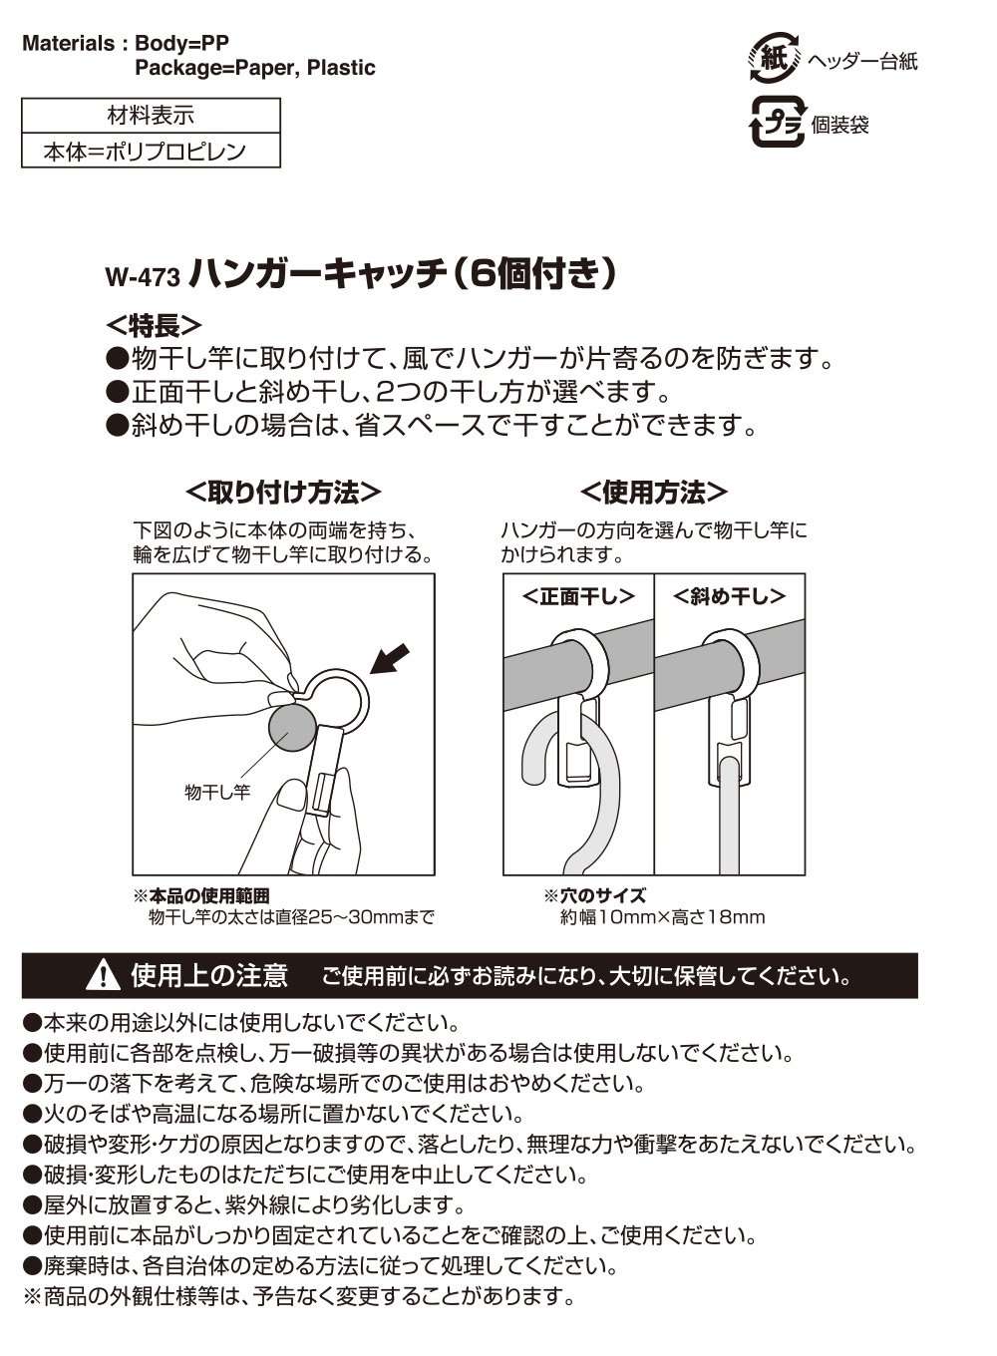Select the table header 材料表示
[151, 115]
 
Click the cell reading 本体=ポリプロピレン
[145, 151]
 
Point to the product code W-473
[143, 277]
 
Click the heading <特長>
[154, 326]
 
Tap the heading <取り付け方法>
[284, 493]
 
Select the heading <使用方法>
[654, 493]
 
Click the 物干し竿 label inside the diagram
[217, 792]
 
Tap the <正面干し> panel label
[578, 597]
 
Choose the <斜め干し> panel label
[729, 597]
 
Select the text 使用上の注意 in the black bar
[209, 975]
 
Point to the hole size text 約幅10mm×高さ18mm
[662, 917]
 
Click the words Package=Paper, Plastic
[255, 68]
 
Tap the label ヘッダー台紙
[862, 61]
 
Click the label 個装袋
[839, 125]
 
